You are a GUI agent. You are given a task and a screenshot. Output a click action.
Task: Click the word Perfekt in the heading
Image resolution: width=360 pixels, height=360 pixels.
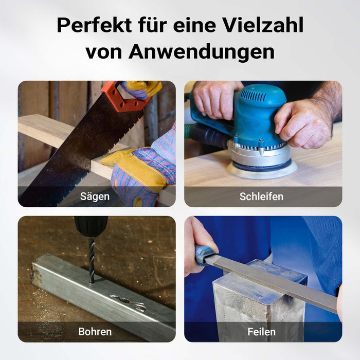(94, 25)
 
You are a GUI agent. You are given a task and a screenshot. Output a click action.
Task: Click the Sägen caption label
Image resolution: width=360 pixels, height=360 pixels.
(95, 196)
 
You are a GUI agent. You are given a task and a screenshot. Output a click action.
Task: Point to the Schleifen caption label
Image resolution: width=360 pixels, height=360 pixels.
(261, 196)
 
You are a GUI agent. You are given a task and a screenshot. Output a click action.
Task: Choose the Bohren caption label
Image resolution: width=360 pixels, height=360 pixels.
(95, 332)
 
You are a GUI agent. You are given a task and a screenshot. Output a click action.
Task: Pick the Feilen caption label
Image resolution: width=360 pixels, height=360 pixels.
(261, 332)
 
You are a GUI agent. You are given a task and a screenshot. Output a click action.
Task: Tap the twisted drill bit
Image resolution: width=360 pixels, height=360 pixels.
(92, 260)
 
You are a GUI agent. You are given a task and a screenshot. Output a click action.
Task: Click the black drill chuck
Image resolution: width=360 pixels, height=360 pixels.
(91, 227)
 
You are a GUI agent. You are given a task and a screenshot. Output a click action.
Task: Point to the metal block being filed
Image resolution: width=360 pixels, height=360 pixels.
(259, 298)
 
